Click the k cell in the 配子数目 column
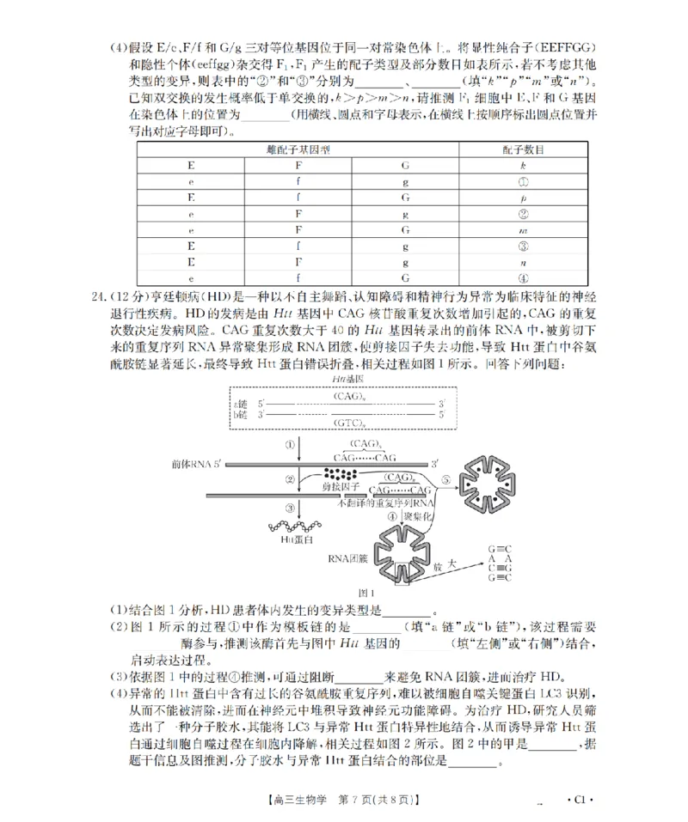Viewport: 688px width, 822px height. pyautogui.click(x=522, y=165)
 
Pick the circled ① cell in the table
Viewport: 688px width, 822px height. pyautogui.click(x=522, y=181)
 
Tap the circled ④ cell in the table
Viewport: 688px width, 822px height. pyautogui.click(x=522, y=278)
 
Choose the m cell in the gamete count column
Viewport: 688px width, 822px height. pyautogui.click(x=522, y=230)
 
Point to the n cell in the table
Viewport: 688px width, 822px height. pyautogui.click(x=522, y=262)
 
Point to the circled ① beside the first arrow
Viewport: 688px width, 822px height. pyautogui.click(x=291, y=445)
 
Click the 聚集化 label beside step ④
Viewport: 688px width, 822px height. pyautogui.click(x=418, y=516)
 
